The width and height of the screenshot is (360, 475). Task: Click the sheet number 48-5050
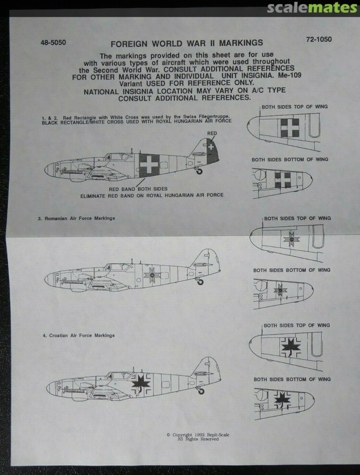tap(53, 44)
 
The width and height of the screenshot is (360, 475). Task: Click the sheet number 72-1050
tap(319, 40)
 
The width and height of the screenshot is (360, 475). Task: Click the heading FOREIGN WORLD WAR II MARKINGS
tap(187, 43)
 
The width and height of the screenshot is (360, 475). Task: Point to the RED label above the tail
tap(212, 133)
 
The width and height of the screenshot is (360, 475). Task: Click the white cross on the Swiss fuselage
tap(149, 164)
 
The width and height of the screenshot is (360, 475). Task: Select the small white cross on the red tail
tap(212, 147)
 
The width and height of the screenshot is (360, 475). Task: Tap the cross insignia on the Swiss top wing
tap(289, 128)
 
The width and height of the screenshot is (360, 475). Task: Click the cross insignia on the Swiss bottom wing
tap(283, 179)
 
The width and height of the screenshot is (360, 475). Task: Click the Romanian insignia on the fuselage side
tap(152, 275)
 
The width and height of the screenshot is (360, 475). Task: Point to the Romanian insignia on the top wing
tap(291, 239)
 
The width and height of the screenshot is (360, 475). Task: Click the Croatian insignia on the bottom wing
tap(282, 399)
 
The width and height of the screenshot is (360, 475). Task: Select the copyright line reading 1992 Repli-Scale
tap(198, 435)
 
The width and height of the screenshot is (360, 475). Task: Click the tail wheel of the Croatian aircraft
tap(201, 391)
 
